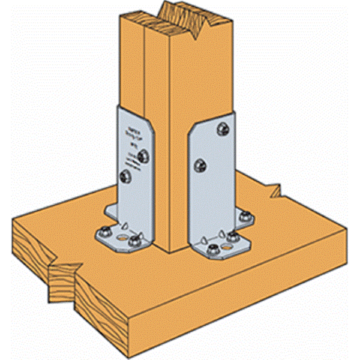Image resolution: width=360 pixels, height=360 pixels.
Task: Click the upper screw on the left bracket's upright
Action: (142, 157)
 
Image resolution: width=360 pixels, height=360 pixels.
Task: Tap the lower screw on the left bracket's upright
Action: (125, 176)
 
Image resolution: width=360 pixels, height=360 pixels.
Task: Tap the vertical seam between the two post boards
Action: (145, 90)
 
